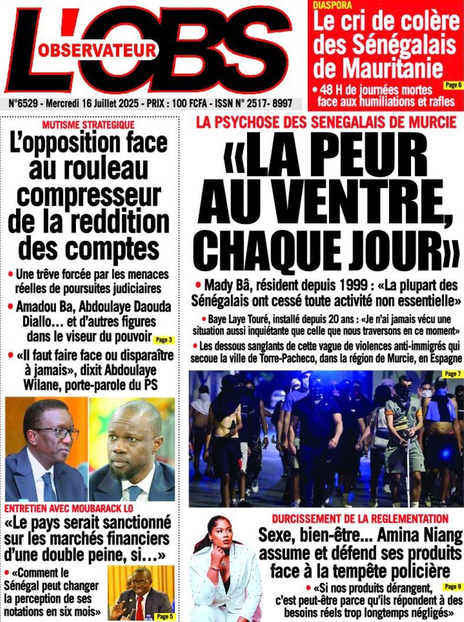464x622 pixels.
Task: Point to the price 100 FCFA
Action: click(190, 104)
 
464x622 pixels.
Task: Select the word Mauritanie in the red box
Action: click(378, 69)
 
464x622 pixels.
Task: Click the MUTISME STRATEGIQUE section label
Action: click(88, 125)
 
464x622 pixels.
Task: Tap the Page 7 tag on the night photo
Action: click(451, 375)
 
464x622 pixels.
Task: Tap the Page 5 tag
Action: click(163, 616)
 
